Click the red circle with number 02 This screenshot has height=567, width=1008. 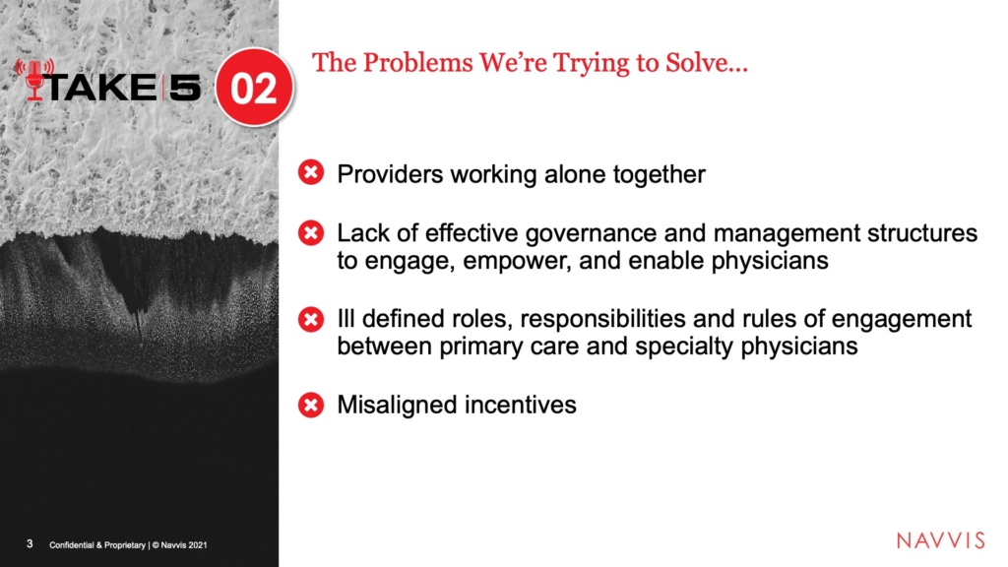tap(254, 87)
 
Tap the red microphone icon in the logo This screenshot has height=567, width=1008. tap(34, 80)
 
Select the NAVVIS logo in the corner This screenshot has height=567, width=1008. tap(940, 540)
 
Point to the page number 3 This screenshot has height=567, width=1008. tap(30, 543)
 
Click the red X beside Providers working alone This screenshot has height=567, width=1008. tap(311, 172)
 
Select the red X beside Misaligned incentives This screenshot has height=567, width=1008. tap(311, 405)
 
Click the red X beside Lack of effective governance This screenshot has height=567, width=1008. tap(311, 232)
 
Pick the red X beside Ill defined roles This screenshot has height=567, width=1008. tap(311, 319)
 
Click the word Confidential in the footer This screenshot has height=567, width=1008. tap(71, 545)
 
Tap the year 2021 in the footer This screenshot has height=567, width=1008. tap(198, 545)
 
